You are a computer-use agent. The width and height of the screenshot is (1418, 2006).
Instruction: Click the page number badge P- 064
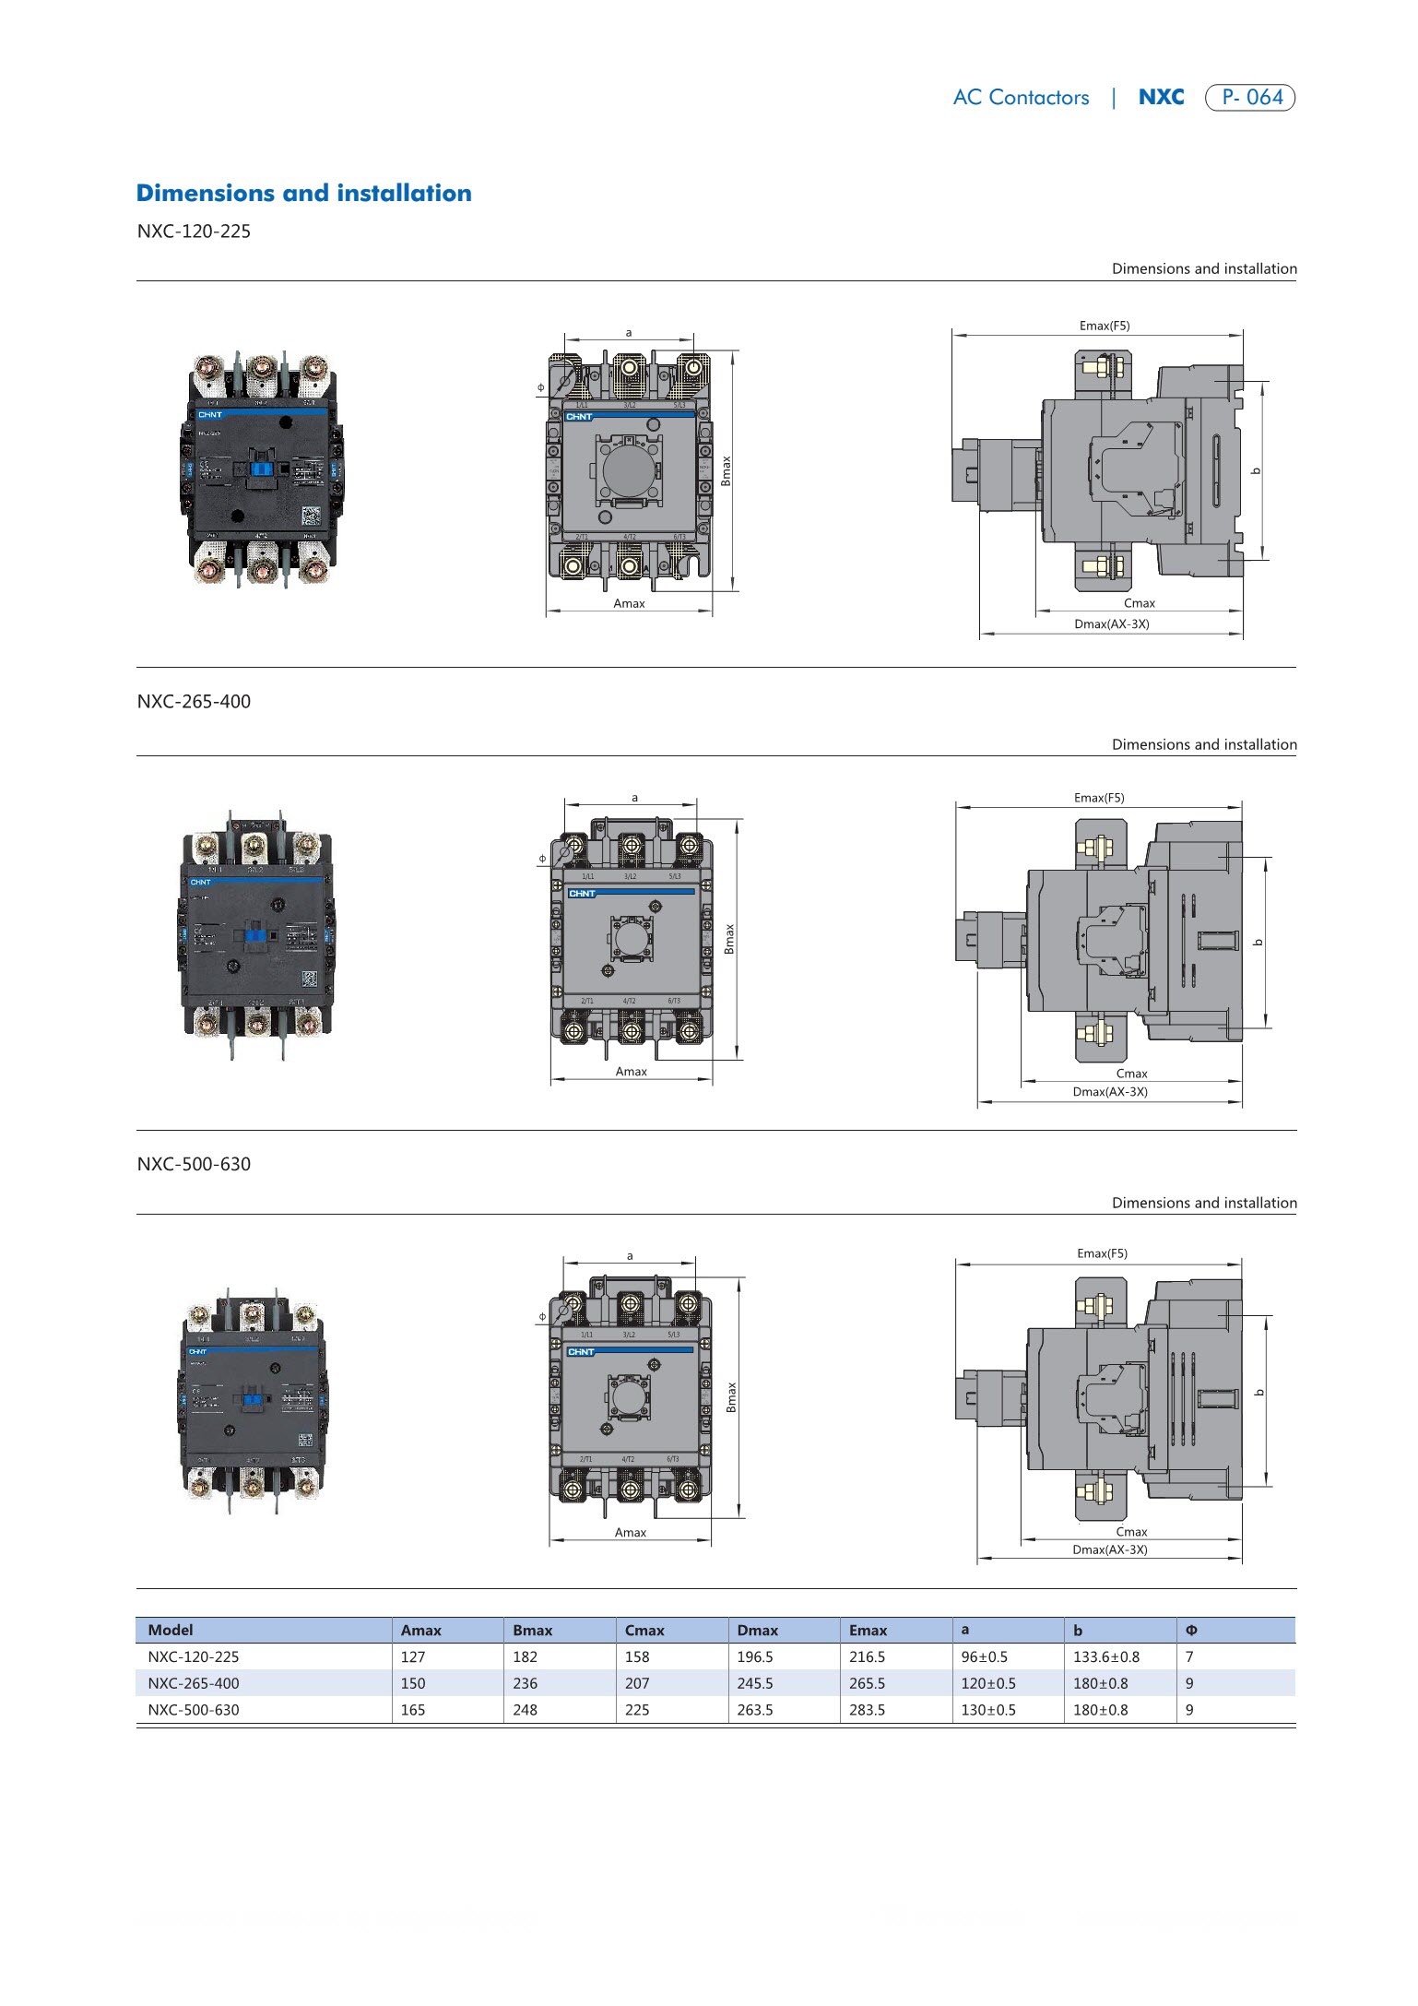point(1250,98)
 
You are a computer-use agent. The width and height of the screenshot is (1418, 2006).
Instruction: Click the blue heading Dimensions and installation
point(303,193)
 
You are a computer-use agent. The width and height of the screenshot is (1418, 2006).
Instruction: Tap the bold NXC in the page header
point(1161,98)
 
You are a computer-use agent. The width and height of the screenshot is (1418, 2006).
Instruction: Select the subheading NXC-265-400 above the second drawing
point(194,701)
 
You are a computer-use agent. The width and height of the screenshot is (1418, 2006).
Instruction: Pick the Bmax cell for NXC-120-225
point(525,1656)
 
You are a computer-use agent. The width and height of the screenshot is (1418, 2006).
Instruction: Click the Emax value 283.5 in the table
point(867,1709)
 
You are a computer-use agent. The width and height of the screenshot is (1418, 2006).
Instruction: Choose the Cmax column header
point(644,1630)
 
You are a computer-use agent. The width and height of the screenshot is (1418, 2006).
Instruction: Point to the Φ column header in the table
point(1191,1630)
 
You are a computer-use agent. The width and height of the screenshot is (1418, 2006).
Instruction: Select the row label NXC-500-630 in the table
point(193,1709)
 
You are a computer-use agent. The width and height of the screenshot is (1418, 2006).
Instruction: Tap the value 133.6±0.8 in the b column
point(1105,1656)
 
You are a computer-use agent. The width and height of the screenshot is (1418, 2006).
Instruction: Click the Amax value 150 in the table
point(413,1683)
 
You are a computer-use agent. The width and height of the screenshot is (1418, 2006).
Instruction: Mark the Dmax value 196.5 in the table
point(755,1656)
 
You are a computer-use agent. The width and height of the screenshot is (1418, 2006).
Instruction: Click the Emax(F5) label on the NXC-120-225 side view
point(1104,326)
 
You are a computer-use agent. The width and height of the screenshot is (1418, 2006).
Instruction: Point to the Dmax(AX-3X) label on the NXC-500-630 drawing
point(1109,1549)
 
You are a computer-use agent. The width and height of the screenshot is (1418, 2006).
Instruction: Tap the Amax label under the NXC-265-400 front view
point(631,1071)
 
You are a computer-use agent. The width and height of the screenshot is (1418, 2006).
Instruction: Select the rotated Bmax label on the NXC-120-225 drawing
point(726,471)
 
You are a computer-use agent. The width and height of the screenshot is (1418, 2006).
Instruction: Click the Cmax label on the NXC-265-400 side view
point(1131,1074)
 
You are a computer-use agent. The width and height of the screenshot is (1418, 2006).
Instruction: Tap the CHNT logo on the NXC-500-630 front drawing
point(581,1351)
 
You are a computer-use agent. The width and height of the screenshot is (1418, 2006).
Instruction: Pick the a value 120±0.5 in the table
point(987,1683)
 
